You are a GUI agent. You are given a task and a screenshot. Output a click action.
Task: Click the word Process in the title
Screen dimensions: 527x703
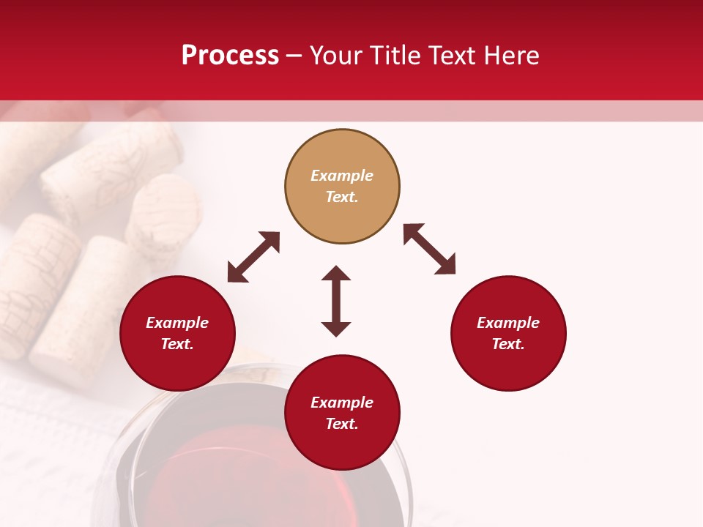point(230,56)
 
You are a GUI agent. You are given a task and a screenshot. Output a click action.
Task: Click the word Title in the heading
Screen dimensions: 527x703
point(393,56)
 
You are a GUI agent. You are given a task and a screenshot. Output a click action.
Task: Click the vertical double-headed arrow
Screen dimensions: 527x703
point(336,301)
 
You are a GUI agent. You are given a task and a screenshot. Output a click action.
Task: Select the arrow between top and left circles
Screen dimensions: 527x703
point(253,257)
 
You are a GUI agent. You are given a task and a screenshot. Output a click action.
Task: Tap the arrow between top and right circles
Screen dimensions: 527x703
point(429,249)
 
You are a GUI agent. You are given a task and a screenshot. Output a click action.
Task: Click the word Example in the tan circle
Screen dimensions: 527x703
point(342,176)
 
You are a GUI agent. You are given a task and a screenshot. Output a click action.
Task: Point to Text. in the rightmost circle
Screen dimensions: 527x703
point(507,344)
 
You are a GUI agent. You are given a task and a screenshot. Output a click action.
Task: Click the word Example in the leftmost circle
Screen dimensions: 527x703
point(177,323)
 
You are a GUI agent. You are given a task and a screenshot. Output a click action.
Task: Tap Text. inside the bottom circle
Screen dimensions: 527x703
point(342,424)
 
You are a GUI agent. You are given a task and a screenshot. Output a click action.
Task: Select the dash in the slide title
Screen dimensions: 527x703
point(294,56)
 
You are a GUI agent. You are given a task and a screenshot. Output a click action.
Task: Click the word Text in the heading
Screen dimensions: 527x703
point(451,56)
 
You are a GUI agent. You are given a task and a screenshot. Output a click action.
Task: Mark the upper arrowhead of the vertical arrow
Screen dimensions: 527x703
point(336,274)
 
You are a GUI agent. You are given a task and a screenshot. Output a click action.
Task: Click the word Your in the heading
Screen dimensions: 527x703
point(335,56)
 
